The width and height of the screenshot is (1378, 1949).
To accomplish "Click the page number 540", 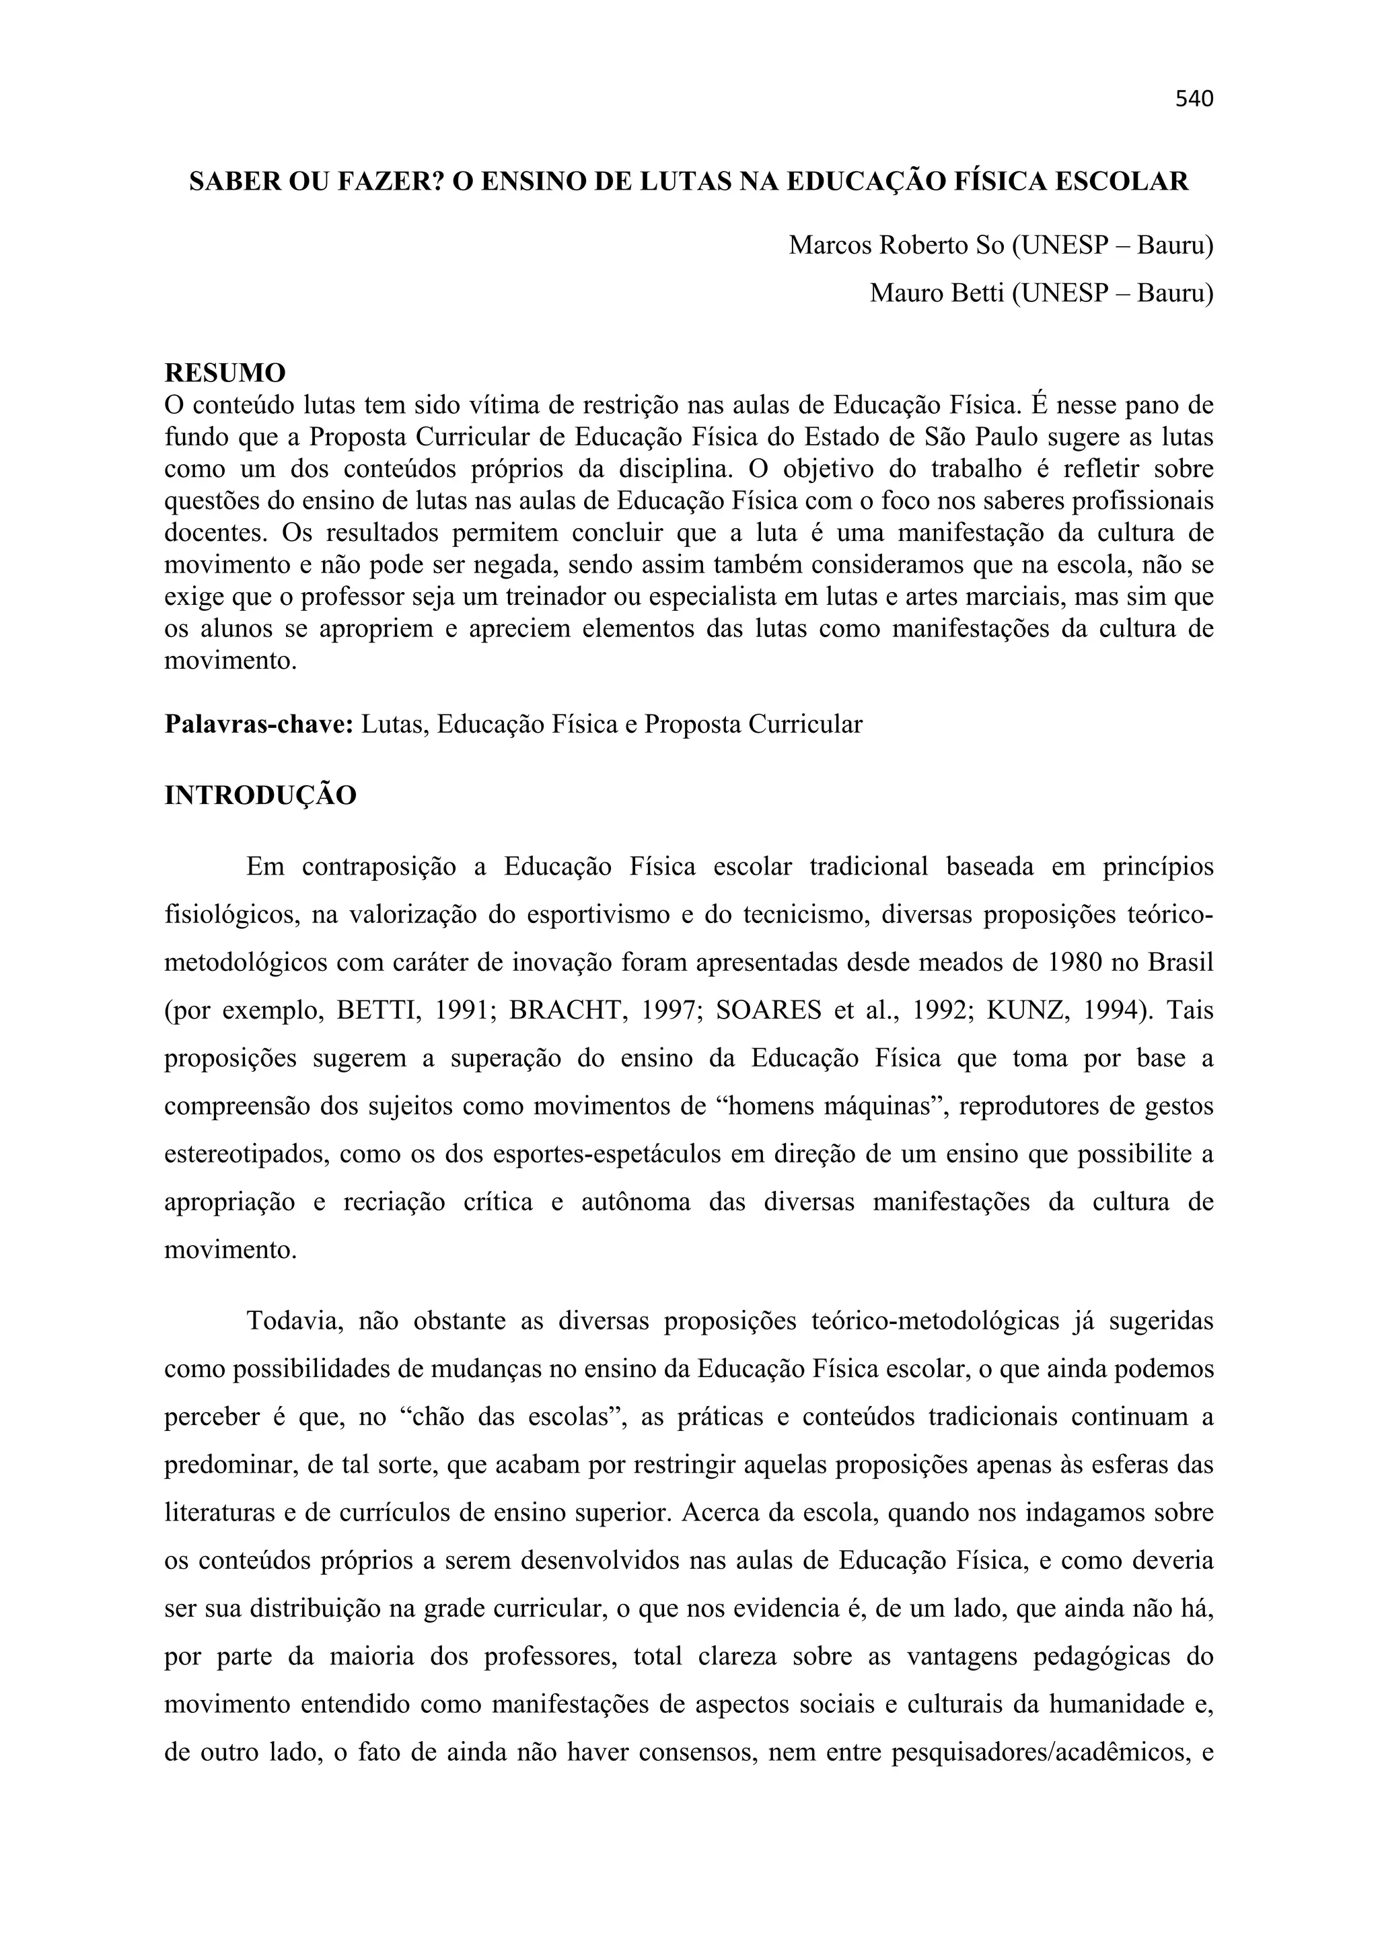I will pyautogui.click(x=1194, y=100).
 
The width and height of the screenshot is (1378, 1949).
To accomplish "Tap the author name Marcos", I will pyautogui.click(x=830, y=246).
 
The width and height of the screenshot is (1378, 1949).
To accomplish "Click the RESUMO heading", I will pyautogui.click(x=225, y=373).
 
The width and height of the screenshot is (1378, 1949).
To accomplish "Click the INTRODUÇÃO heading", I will pyautogui.click(x=260, y=797).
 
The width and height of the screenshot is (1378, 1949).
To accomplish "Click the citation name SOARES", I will pyautogui.click(x=769, y=1011).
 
